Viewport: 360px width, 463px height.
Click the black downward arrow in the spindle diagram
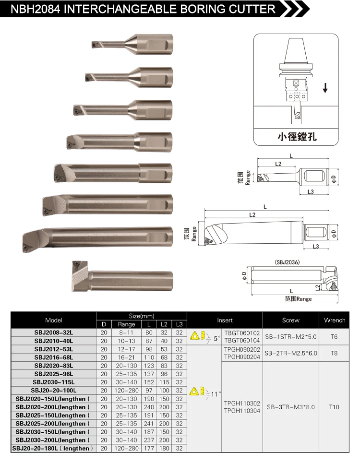pyautogui.click(x=325, y=88)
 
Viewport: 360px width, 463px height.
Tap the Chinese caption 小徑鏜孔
pyautogui.click(x=297, y=137)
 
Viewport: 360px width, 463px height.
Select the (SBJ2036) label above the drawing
pyautogui.click(x=287, y=262)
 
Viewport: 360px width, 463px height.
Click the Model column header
pyautogui.click(x=54, y=320)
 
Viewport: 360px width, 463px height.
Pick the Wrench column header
pyautogui.click(x=335, y=320)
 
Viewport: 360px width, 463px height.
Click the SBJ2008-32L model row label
pyautogui.click(x=54, y=332)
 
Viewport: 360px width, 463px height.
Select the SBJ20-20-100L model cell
pyautogui.click(x=54, y=391)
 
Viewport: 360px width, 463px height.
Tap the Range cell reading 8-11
pyautogui.click(x=126, y=332)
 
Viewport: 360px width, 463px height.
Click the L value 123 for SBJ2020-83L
pyautogui.click(x=149, y=366)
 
